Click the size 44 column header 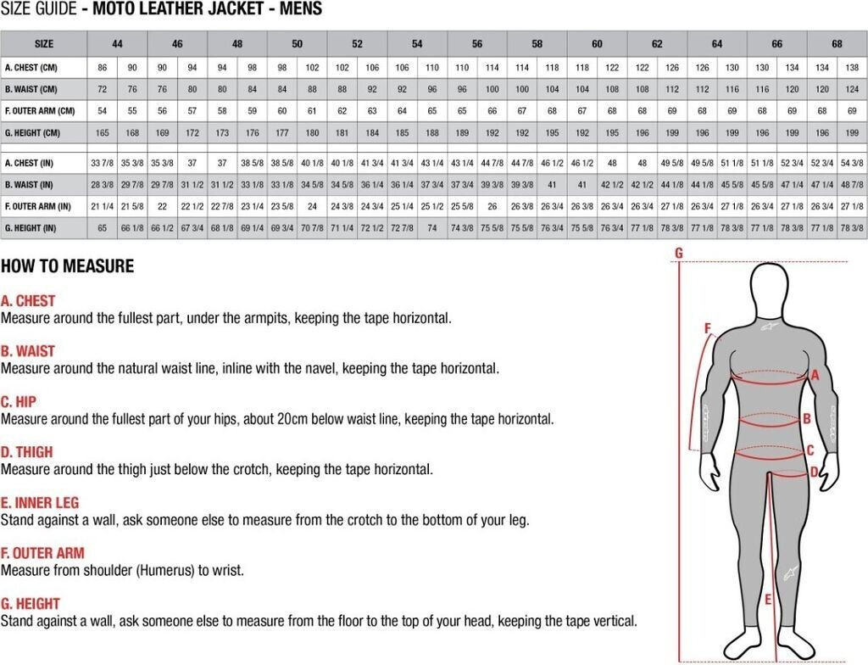117,44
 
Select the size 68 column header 837,44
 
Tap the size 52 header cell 357,44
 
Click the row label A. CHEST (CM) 31,68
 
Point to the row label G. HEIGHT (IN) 31,228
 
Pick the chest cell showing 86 103,68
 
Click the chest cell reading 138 852,68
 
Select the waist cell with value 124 852,89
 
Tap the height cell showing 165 103,133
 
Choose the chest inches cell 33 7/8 103,163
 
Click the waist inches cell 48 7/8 852,185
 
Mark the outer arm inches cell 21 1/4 103,206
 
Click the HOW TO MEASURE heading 68,266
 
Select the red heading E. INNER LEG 40,503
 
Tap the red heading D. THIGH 26,452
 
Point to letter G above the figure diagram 679,254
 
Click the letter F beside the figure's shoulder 707,328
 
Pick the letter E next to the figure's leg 768,600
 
